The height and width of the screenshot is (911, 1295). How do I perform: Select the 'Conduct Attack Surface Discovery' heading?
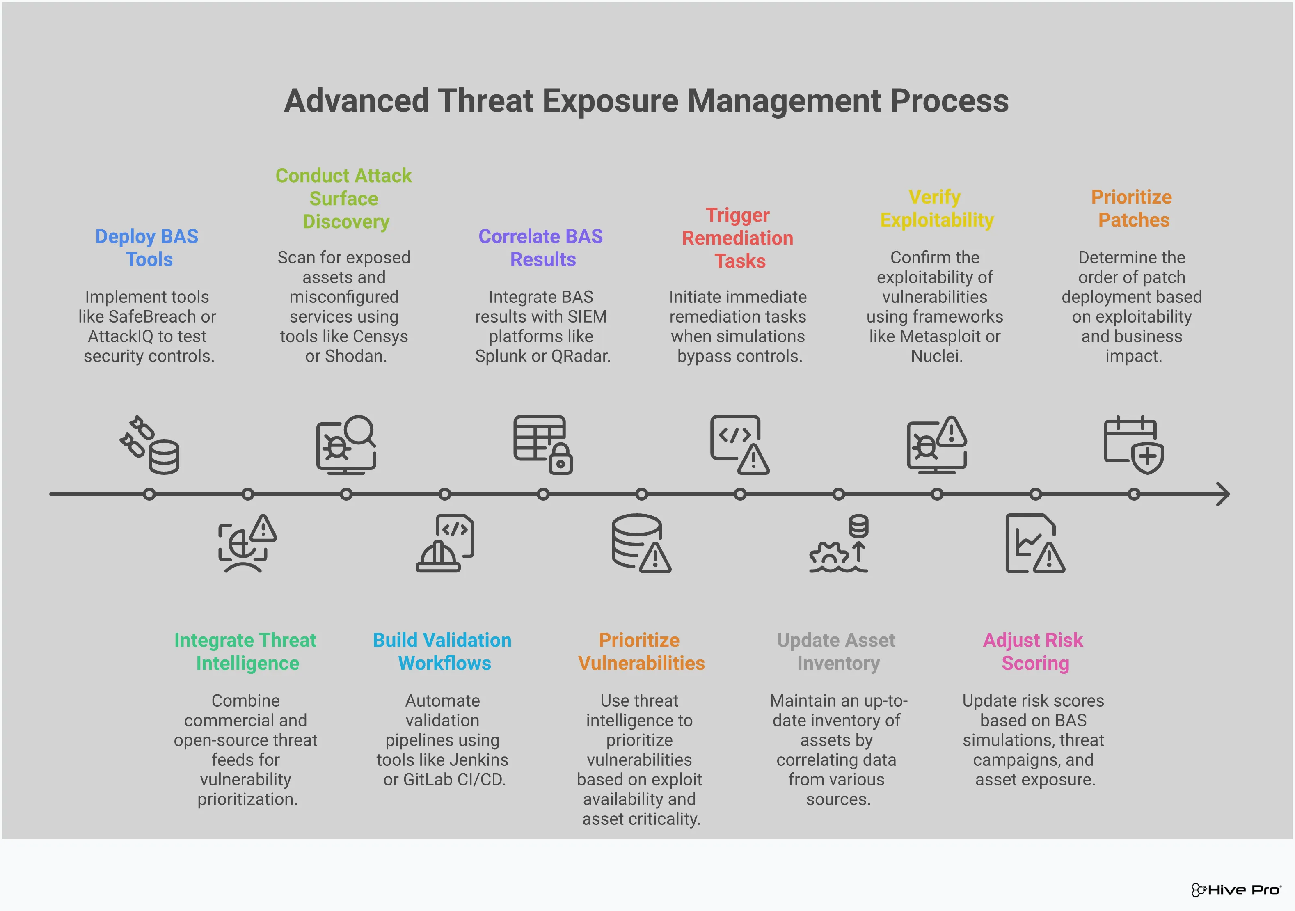click(x=343, y=199)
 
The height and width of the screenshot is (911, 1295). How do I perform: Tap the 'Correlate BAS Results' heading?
click(x=540, y=247)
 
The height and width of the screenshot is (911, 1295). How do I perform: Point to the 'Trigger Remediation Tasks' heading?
click(x=738, y=238)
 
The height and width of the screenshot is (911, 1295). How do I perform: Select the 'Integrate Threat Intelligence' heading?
click(x=245, y=652)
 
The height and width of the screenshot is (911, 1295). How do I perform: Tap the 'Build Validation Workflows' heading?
click(x=443, y=652)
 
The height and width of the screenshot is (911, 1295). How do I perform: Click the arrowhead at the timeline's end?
click(x=1223, y=494)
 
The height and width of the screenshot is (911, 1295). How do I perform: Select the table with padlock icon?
click(x=542, y=444)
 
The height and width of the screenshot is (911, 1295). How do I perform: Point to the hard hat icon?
click(x=437, y=557)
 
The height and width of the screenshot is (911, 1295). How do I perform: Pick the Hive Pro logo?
click(x=1235, y=890)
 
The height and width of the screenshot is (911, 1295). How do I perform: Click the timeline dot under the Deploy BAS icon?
click(x=149, y=494)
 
